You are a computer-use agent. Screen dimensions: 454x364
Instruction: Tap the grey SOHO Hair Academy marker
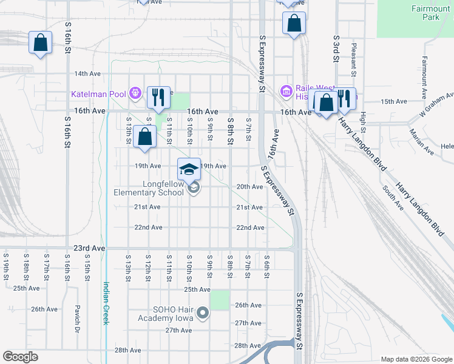(203, 313)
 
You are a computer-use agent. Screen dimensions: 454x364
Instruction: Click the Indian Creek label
(106, 303)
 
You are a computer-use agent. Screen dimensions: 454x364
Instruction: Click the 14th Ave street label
(87, 73)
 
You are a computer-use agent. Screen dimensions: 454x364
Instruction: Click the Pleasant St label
(353, 58)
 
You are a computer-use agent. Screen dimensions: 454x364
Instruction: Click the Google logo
(20, 357)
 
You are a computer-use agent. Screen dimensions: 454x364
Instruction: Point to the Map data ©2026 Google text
(416, 359)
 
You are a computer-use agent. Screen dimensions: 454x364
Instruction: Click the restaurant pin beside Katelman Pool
(158, 97)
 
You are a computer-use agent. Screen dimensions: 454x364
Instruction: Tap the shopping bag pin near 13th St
(145, 136)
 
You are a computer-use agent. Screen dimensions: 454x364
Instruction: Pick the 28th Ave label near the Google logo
(127, 350)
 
